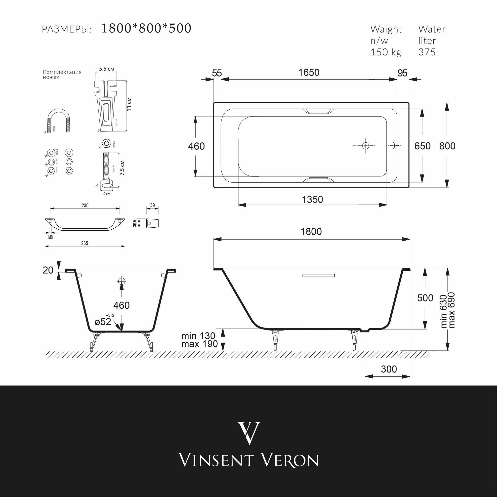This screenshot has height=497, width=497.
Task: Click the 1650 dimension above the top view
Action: (309, 73)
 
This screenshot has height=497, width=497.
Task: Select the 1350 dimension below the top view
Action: (312, 200)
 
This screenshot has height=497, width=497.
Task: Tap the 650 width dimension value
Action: (422, 146)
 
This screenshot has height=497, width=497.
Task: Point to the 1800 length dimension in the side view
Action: (311, 232)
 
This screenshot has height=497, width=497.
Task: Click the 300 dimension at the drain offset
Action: (389, 369)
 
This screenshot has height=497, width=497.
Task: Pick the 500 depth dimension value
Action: (425, 298)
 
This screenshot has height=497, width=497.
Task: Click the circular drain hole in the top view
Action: (365, 146)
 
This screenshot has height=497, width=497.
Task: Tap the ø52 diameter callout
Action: (103, 322)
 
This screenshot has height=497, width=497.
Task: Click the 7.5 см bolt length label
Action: (123, 168)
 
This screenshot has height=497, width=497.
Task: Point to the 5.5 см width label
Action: (107, 69)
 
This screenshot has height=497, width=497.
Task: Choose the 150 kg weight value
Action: (386, 52)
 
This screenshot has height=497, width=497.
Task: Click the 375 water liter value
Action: (427, 52)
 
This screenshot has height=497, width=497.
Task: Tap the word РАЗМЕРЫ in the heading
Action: (67, 30)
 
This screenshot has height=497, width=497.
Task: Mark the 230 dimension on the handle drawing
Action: (85, 205)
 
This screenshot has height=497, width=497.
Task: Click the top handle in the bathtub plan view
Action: (318, 111)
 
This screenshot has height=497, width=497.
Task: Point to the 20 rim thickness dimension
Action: (48, 270)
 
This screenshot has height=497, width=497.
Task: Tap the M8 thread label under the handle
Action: (50, 237)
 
